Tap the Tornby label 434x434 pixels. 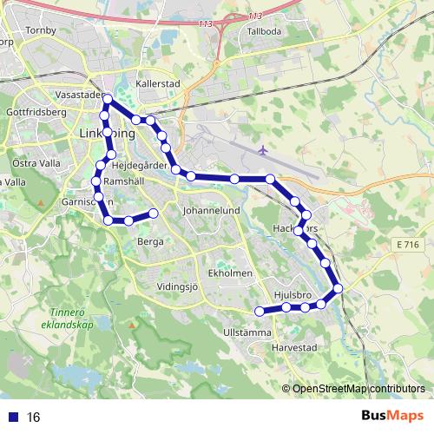pos(42,31)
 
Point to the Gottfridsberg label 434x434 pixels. pos(36,113)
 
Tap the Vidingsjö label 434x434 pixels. pos(178,286)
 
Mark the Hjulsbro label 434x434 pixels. pos(292,295)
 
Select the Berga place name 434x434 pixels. pos(150,242)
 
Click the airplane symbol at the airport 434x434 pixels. pos(263,150)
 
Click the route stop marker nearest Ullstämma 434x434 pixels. pos(259,312)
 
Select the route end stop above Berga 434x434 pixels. pos(153,213)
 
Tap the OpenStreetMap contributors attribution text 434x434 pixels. pos(358,389)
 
